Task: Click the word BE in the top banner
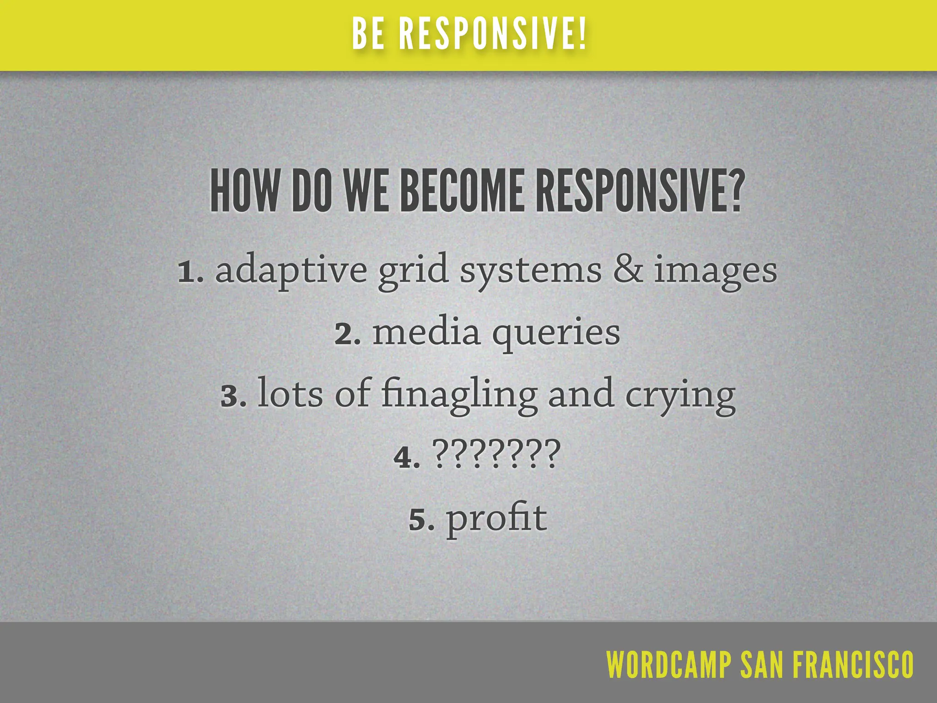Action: coord(368,34)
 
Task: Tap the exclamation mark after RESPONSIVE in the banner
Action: coord(582,34)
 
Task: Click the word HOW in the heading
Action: coord(243,191)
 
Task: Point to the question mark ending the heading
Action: coord(734,191)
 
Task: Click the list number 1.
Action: coord(187,272)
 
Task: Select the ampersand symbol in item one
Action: coord(627,270)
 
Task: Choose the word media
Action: coord(426,332)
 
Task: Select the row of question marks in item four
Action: coord(496,454)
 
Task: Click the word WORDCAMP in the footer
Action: coord(668,665)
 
